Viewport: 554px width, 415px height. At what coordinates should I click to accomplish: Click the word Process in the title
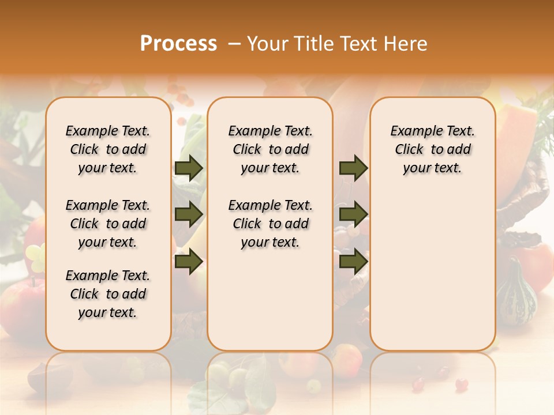click(x=178, y=44)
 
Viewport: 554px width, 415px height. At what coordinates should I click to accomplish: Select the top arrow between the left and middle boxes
click(x=189, y=168)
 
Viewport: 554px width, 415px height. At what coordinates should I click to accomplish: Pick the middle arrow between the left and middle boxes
click(x=189, y=214)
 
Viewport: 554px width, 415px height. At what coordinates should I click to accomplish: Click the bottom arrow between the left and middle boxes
click(x=189, y=262)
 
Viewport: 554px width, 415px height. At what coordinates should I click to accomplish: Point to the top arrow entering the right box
click(x=353, y=168)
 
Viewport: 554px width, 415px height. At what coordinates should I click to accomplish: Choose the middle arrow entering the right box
click(x=353, y=214)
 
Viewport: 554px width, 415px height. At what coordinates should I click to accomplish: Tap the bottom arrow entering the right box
click(x=353, y=262)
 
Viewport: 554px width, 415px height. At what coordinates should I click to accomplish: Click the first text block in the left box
click(x=108, y=149)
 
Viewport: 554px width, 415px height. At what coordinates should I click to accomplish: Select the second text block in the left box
click(x=108, y=224)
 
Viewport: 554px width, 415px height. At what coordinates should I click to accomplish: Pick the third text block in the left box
click(x=108, y=294)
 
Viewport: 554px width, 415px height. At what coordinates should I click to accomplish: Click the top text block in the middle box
click(x=270, y=149)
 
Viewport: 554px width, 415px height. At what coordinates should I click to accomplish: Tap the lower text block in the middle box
click(x=270, y=224)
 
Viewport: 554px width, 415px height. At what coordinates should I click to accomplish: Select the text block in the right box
click(x=432, y=149)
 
